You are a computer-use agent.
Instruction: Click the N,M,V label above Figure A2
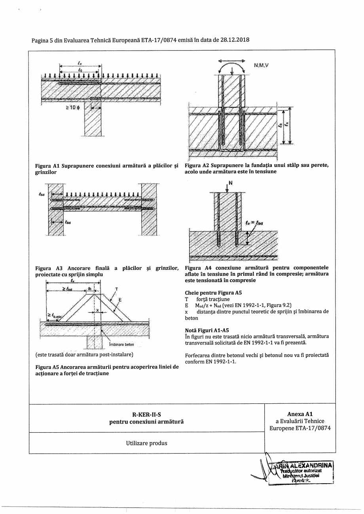[261, 66]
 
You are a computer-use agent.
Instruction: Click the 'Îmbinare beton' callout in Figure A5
[121, 344]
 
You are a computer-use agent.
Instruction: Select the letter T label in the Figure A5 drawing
[116, 289]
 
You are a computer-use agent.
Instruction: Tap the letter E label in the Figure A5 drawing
[120, 299]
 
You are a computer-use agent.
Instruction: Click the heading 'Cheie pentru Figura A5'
[213, 293]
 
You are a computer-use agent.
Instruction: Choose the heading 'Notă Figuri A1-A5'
[207, 330]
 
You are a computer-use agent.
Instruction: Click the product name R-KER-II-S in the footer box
[146, 414]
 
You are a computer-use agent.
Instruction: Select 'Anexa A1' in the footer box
[300, 414]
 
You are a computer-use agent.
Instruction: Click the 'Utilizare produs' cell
[146, 443]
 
